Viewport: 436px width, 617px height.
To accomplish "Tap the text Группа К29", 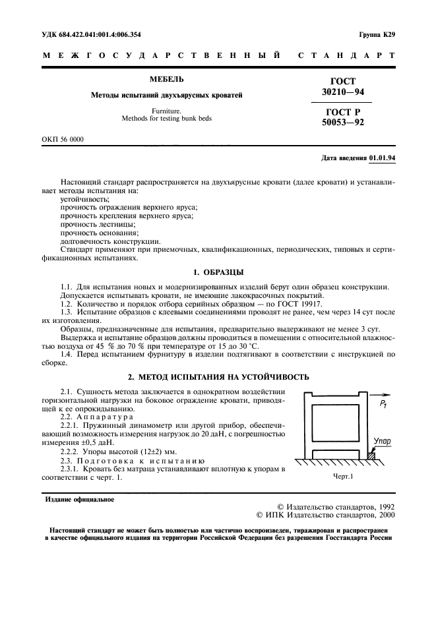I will pos(377,34).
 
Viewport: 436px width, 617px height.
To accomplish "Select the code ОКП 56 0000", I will pos(64,140).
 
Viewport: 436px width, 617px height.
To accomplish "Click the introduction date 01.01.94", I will pos(382,158).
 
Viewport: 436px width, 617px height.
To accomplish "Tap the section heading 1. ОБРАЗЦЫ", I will pos(218,272).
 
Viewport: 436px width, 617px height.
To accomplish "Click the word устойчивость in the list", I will pos(85,198).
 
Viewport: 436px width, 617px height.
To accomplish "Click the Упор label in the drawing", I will pos(382,440).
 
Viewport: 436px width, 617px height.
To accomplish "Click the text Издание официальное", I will pos(79,499).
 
